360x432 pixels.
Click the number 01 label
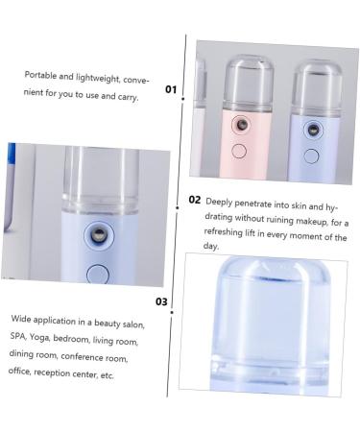171,89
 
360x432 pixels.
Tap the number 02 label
195,201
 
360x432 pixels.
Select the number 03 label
162,301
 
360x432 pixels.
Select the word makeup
303,221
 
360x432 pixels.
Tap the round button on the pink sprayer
240,152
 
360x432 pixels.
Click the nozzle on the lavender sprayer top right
312,130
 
